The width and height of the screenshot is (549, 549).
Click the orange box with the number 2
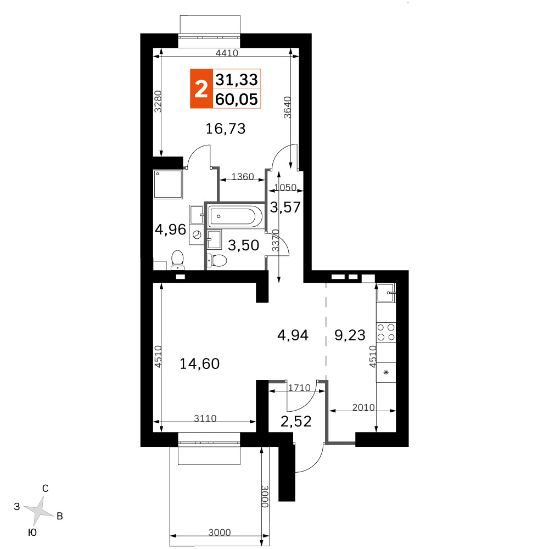click(x=201, y=88)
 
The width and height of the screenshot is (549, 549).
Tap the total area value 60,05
click(x=237, y=99)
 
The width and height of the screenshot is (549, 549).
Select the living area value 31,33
click(x=237, y=80)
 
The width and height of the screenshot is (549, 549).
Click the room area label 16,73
click(x=226, y=128)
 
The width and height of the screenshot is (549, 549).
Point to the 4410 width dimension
click(x=227, y=53)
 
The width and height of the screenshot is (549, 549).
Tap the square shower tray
click(x=168, y=184)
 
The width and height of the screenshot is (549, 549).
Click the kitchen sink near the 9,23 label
click(x=386, y=293)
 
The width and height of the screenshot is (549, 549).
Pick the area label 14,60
click(x=200, y=364)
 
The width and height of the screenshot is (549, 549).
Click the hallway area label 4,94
click(x=293, y=335)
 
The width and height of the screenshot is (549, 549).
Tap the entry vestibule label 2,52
click(x=296, y=421)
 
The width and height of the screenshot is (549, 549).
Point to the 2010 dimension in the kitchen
click(x=363, y=407)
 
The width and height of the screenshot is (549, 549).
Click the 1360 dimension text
click(x=243, y=176)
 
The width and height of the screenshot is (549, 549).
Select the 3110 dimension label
click(x=205, y=418)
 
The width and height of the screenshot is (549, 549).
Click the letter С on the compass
click(x=45, y=489)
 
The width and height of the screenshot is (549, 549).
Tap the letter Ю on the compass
click(x=32, y=533)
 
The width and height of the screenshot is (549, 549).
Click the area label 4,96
click(x=171, y=229)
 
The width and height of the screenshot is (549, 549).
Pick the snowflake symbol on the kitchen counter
click(x=386, y=372)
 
